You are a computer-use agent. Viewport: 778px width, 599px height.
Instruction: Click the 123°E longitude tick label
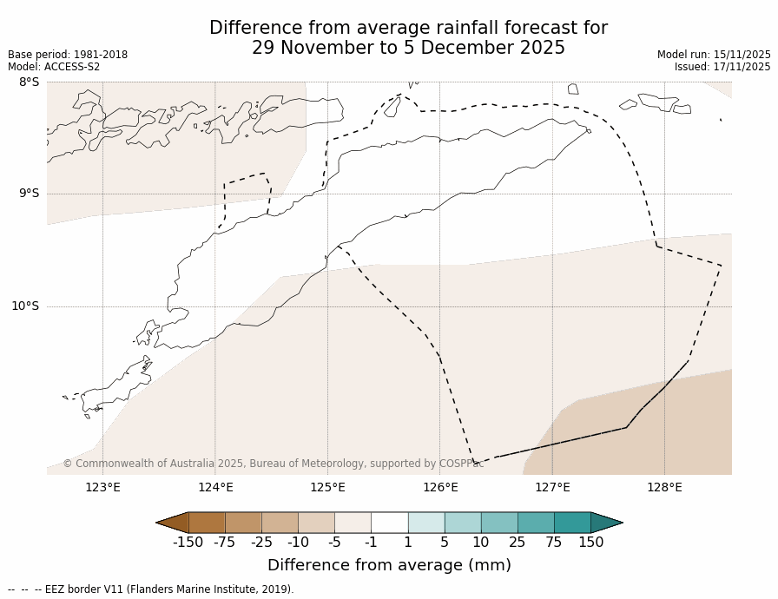[102, 487]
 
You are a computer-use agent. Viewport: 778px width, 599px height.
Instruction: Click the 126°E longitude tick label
[440, 487]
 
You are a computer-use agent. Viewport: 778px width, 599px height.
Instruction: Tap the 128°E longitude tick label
[664, 487]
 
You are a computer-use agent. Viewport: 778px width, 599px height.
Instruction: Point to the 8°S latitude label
[29, 82]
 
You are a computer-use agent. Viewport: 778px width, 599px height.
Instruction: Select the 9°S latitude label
[29, 194]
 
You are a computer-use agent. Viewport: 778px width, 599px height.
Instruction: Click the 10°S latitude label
[25, 306]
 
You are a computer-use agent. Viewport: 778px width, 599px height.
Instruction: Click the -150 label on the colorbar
[188, 543]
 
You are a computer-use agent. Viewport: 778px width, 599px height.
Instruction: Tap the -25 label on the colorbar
[261, 543]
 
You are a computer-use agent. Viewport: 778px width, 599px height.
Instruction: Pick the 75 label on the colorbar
[554, 543]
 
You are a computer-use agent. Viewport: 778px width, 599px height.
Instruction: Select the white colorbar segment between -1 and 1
[389, 523]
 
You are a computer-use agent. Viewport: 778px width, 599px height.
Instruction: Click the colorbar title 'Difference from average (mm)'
[389, 565]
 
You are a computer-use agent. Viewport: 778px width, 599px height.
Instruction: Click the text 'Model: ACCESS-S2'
[54, 67]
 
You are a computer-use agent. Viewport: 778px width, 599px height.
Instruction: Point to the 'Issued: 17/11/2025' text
[722, 67]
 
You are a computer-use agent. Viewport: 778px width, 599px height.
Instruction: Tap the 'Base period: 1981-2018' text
[68, 55]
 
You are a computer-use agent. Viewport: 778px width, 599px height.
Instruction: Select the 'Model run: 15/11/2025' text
[714, 55]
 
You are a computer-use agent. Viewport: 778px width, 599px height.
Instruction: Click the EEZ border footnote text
[151, 589]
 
